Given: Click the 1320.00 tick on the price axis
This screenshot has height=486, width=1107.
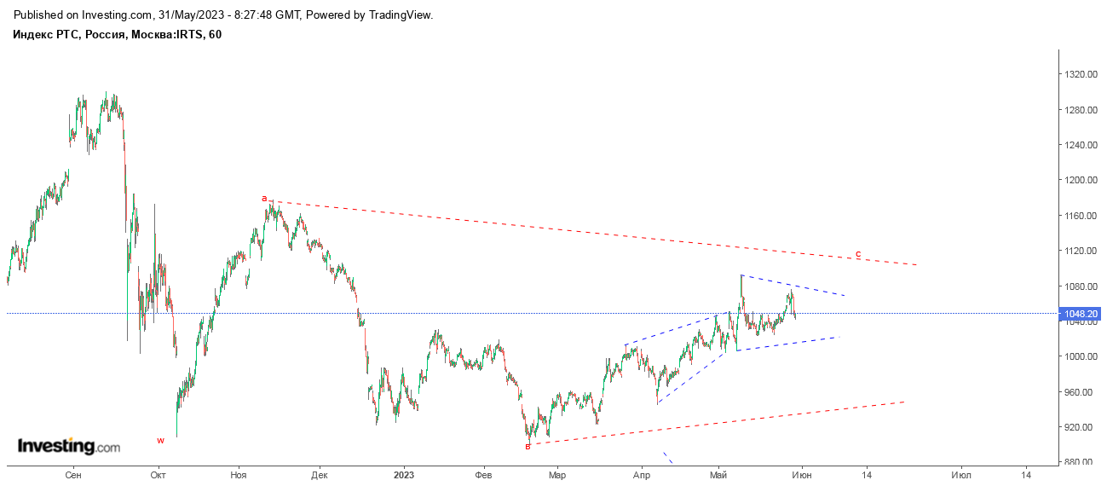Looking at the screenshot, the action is coord(1081,75).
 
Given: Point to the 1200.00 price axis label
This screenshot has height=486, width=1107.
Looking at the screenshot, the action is coord(1081,181).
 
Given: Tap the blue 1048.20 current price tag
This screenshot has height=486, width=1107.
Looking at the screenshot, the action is coord(1081,314).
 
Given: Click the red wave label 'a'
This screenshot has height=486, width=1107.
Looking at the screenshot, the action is coord(264,199).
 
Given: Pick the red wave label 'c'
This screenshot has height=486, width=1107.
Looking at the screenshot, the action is coord(858,255).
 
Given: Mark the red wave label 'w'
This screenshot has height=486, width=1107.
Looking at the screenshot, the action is coord(160,441).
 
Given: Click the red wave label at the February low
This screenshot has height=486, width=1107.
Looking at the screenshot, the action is coord(528,447).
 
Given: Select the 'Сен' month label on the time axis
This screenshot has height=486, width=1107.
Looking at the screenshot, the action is coord(73,476).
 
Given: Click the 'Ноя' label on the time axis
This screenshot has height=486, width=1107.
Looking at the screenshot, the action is coord(239,476).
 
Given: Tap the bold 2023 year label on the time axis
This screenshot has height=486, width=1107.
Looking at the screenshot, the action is coord(404,476).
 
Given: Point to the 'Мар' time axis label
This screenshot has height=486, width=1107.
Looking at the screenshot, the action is coord(557,476).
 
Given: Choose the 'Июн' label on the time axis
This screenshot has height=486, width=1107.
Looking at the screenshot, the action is coord(802,476).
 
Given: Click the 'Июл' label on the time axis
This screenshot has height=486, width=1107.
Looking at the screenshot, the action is coord(961,476).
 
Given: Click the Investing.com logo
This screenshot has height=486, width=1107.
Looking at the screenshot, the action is coord(69,447).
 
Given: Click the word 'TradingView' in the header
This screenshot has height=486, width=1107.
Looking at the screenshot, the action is coord(401,15).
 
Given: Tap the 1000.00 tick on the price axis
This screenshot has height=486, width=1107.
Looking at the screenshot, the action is coord(1081,357).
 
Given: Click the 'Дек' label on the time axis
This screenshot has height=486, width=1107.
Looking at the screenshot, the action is coord(320,476).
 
